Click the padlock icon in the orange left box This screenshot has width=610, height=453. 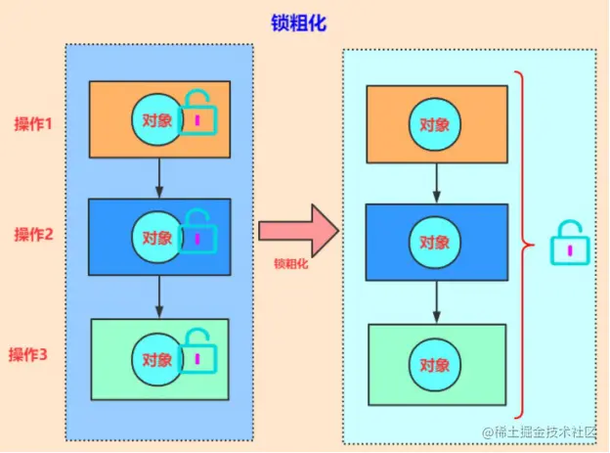tap(198, 113)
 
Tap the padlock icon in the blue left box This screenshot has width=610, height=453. tap(198, 232)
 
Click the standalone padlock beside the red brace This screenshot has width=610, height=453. tap(569, 243)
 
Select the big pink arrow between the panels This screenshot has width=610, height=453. tap(297, 231)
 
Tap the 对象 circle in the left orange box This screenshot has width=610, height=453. tap(156, 119)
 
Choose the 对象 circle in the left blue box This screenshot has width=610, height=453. tap(156, 238)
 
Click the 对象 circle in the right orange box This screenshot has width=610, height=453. tap(435, 124)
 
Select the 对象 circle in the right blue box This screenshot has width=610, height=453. tap(435, 242)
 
